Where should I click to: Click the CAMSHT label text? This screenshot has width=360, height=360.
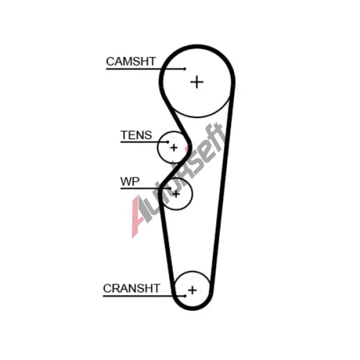point(131,61)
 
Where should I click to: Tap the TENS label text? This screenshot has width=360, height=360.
point(136,135)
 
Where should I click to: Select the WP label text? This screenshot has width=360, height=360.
point(130,181)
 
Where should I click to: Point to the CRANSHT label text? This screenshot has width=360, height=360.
point(132,288)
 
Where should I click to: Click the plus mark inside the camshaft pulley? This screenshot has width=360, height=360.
point(197,82)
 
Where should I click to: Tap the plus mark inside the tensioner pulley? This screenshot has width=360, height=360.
point(174,148)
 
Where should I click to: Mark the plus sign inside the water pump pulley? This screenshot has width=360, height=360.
point(176,194)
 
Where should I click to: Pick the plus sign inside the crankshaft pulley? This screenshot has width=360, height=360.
point(192,290)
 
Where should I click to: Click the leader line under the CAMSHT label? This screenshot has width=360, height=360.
point(145,69)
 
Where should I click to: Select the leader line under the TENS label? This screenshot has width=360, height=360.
point(144,142)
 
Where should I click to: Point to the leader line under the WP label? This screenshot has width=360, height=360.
point(145,189)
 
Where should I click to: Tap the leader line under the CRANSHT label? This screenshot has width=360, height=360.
point(144,296)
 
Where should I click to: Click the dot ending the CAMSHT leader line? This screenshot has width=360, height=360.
point(184,69)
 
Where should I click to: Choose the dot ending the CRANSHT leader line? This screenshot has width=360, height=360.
point(185,296)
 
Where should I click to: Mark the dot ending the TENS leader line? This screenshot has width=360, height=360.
point(168,142)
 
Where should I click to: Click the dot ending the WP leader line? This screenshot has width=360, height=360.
point(170,189)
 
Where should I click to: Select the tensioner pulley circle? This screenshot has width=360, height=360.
point(158,148)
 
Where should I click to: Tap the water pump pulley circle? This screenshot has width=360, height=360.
point(192,194)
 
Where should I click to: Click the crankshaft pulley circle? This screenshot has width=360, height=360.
point(192,271)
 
